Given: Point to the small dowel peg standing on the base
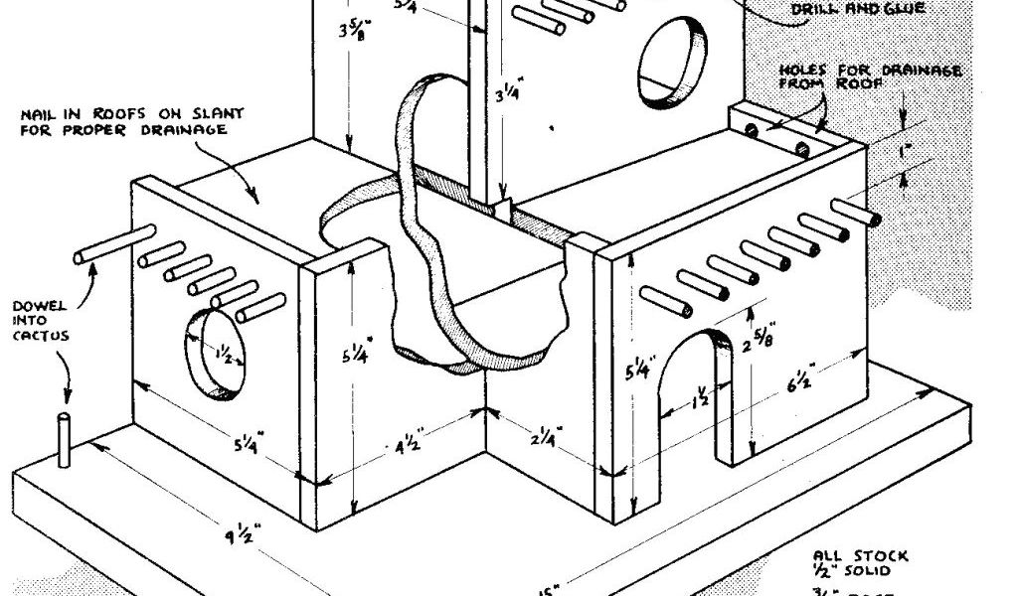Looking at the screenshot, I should click(65, 439).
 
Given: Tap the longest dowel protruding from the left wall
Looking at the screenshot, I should click(112, 246).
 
